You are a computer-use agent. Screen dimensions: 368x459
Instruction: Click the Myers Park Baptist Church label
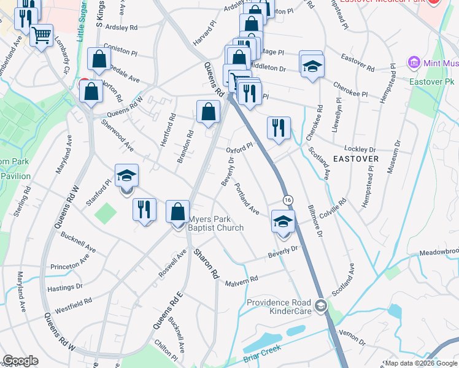pyautogui.click(x=215, y=223)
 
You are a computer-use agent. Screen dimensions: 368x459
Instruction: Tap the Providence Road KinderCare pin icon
pyautogui.click(x=320, y=305)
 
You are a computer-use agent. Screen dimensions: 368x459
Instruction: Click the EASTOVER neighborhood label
pyautogui.click(x=356, y=158)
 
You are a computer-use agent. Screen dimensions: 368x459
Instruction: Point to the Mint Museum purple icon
pyautogui.click(x=413, y=63)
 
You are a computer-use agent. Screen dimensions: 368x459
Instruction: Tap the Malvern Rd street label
pyautogui.click(x=241, y=280)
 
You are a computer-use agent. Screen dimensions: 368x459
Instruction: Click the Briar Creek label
pyautogui.click(x=262, y=353)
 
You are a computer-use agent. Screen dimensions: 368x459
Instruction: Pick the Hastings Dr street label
pyautogui.click(x=66, y=286)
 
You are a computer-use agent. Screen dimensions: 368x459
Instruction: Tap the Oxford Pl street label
pyautogui.click(x=239, y=149)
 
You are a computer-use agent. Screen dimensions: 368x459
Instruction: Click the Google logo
pyautogui.click(x=20, y=361)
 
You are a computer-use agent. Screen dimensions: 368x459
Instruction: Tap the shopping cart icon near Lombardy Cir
pyautogui.click(x=41, y=36)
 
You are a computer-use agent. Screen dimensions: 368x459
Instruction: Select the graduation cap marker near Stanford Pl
pyautogui.click(x=126, y=177)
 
